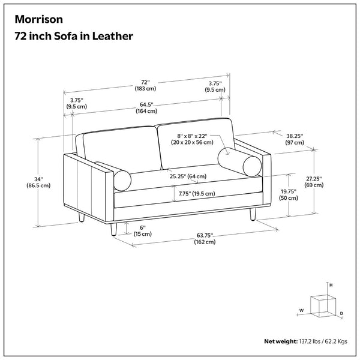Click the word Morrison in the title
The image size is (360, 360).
click(38, 19)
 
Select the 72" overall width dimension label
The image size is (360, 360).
click(145, 85)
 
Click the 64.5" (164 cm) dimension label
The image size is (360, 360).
click(146, 108)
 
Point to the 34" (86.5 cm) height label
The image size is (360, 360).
click(38, 182)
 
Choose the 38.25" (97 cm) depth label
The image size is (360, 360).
click(295, 139)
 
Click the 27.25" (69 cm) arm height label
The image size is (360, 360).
click(314, 182)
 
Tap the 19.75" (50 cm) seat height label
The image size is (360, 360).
click(289, 194)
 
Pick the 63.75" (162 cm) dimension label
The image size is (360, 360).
click(205, 239)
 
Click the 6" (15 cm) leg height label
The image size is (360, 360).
click(143, 231)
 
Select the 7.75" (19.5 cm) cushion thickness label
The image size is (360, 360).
click(197, 194)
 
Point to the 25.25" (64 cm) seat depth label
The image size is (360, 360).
click(188, 176)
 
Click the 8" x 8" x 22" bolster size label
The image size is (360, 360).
click(192, 139)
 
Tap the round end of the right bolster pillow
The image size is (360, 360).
click(252, 166)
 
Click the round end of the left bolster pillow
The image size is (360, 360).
click(122, 181)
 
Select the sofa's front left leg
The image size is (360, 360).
click(113, 229)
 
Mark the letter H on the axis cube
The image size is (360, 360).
click(331, 285)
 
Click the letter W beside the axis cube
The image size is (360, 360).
click(301, 310)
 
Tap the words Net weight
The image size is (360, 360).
click(281, 341)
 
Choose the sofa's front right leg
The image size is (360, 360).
click(253, 214)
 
